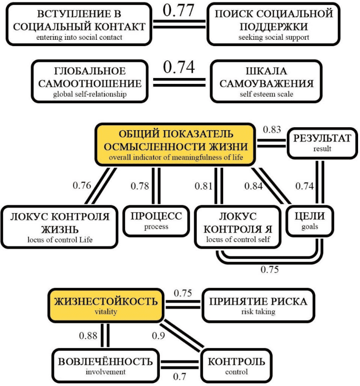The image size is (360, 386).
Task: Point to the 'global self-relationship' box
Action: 90,80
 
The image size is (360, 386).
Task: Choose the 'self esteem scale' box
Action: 266,80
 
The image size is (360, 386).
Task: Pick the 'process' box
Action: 156,220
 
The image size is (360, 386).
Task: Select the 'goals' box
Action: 310,220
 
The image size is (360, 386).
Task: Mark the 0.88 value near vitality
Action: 88,336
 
